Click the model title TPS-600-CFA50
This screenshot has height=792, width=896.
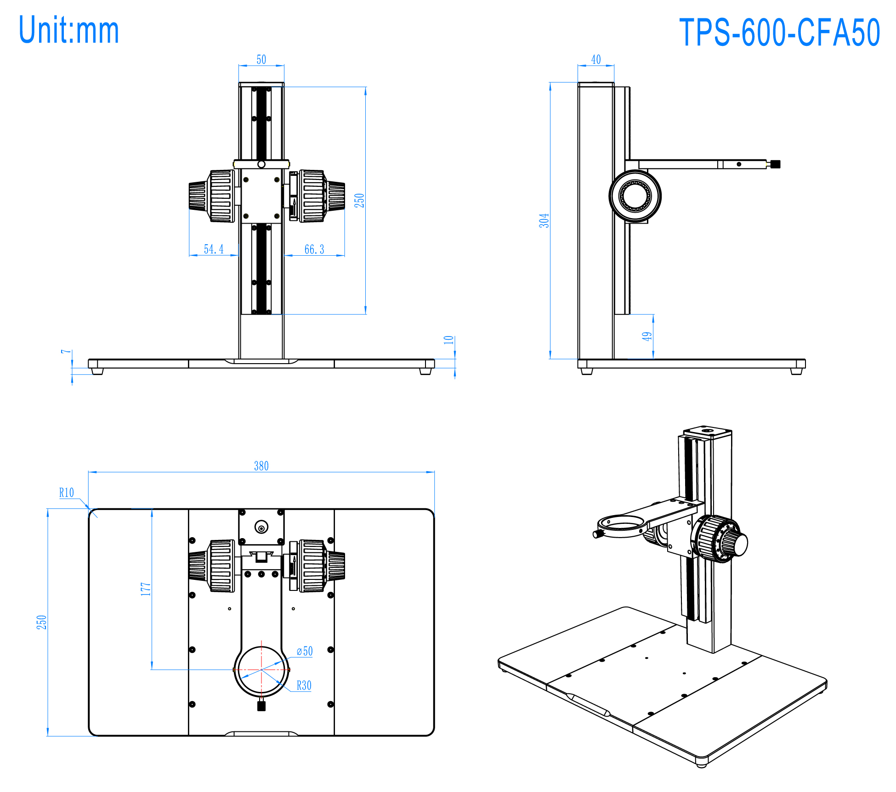coord(779,33)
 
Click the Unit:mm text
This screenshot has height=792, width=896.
coord(69,30)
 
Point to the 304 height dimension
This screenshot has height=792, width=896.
coord(544,220)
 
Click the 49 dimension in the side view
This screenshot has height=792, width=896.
coord(647,337)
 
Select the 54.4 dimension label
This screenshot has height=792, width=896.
coord(214,249)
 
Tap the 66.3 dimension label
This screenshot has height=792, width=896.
coord(314,249)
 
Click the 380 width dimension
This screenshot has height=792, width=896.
coord(261,466)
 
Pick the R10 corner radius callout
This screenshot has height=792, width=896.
coord(67,493)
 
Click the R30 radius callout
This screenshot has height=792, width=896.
coord(304,685)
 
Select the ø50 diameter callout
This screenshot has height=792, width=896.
coord(305,651)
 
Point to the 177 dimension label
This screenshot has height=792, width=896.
coord(146,589)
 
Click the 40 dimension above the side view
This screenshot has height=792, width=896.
coord(595,60)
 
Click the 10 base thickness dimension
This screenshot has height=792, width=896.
coord(448,340)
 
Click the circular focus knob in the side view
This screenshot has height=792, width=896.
coord(635,196)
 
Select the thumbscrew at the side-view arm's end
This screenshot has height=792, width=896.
coord(776,164)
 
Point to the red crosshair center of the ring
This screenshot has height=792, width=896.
coord(261,669)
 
